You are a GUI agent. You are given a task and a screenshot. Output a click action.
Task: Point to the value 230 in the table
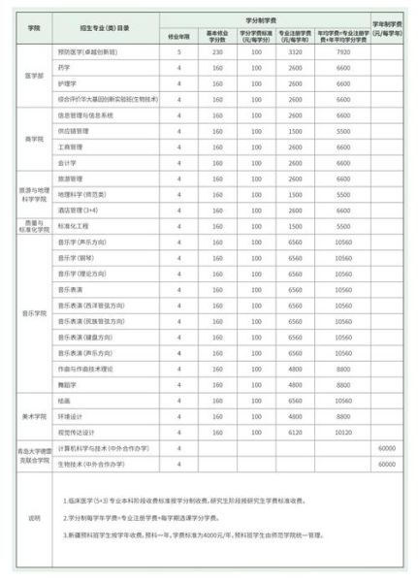tap(219, 51)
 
